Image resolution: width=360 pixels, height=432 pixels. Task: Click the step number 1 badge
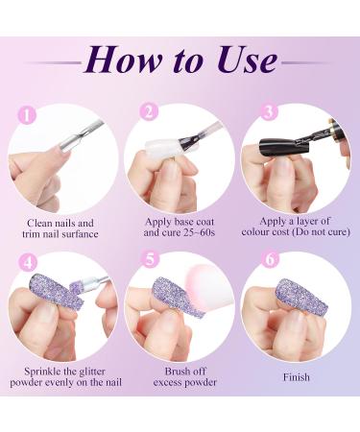(27, 114)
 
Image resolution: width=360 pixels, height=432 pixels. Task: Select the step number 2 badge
(149, 111)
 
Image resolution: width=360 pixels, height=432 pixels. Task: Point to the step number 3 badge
(269, 111)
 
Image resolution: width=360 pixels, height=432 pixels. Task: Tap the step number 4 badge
(28, 262)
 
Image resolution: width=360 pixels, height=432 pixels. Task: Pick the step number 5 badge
(150, 259)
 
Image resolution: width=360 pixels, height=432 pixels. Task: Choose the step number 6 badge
(271, 259)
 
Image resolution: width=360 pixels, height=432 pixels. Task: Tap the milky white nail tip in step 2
(160, 147)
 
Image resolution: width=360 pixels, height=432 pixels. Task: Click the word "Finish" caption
(297, 377)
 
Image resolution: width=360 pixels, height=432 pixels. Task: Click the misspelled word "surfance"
(80, 234)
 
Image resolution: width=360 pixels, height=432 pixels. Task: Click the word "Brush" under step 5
(177, 372)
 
